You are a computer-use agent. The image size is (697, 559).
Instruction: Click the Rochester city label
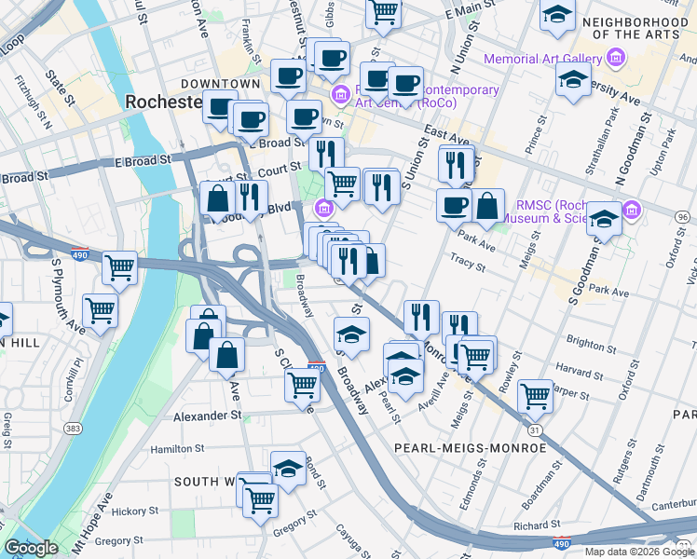[162, 102]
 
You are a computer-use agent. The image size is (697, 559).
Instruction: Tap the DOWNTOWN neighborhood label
[220, 84]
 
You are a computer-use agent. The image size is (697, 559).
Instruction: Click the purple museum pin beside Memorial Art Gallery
[614, 60]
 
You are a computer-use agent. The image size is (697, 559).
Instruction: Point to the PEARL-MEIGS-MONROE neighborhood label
[470, 448]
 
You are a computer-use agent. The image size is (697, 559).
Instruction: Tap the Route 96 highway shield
[683, 217]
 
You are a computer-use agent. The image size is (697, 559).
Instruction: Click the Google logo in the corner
[31, 548]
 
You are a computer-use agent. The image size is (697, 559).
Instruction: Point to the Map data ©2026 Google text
[639, 552]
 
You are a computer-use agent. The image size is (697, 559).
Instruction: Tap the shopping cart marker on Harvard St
[535, 395]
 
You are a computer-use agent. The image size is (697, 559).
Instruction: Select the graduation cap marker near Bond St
[288, 469]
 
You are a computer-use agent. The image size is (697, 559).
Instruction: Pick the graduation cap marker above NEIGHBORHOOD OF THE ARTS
[557, 16]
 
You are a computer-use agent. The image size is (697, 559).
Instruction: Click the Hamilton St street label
[177, 449]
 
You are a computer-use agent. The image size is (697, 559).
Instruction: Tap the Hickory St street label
[130, 511]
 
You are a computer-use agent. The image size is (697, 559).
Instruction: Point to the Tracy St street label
[463, 260]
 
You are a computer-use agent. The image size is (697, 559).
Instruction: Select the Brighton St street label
[585, 343]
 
